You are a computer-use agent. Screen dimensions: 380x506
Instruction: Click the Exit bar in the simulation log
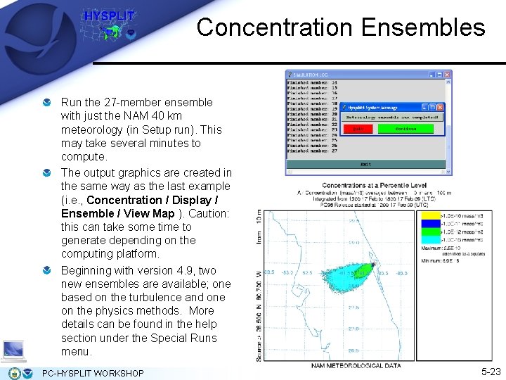(x=366, y=164)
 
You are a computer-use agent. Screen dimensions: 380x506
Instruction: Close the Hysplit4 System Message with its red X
(x=440, y=108)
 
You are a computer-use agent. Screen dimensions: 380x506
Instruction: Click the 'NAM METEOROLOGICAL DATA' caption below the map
(x=356, y=365)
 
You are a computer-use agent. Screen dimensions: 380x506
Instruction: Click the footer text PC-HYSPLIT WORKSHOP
(x=93, y=373)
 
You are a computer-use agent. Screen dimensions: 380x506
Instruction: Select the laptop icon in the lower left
(x=13, y=349)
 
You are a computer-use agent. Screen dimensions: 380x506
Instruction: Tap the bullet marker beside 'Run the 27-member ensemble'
(x=46, y=103)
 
